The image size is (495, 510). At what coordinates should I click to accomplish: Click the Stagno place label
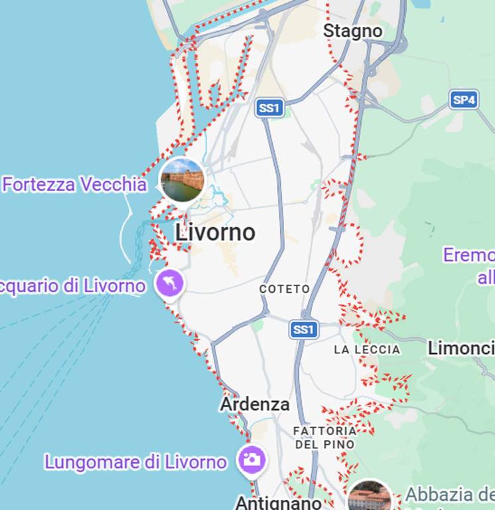pos(352,31)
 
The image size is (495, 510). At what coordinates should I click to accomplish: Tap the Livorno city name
pos(215,232)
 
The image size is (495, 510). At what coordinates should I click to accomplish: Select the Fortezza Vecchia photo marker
pos(182,180)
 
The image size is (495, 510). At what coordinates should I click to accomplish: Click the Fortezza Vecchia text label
pos(74,185)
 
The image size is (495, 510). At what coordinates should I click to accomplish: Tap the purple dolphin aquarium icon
pos(170,284)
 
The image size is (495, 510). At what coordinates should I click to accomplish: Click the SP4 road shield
pos(463,100)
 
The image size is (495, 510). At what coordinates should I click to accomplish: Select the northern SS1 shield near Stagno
pos(270,108)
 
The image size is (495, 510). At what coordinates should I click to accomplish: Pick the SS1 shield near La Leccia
pos(304,329)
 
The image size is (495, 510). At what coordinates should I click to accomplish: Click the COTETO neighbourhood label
pos(285,289)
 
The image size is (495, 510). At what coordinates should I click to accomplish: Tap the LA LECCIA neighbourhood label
pos(367,349)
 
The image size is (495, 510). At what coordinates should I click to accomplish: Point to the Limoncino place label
pos(461,347)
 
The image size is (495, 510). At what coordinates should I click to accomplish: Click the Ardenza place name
pos(255,404)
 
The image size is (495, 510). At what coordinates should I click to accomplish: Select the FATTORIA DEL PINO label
pos(325,437)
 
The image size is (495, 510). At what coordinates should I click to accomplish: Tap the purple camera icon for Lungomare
pos(251,460)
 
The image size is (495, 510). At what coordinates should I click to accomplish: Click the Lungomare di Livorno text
pos(135,462)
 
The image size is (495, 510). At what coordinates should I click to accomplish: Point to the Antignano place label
pos(278,503)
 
